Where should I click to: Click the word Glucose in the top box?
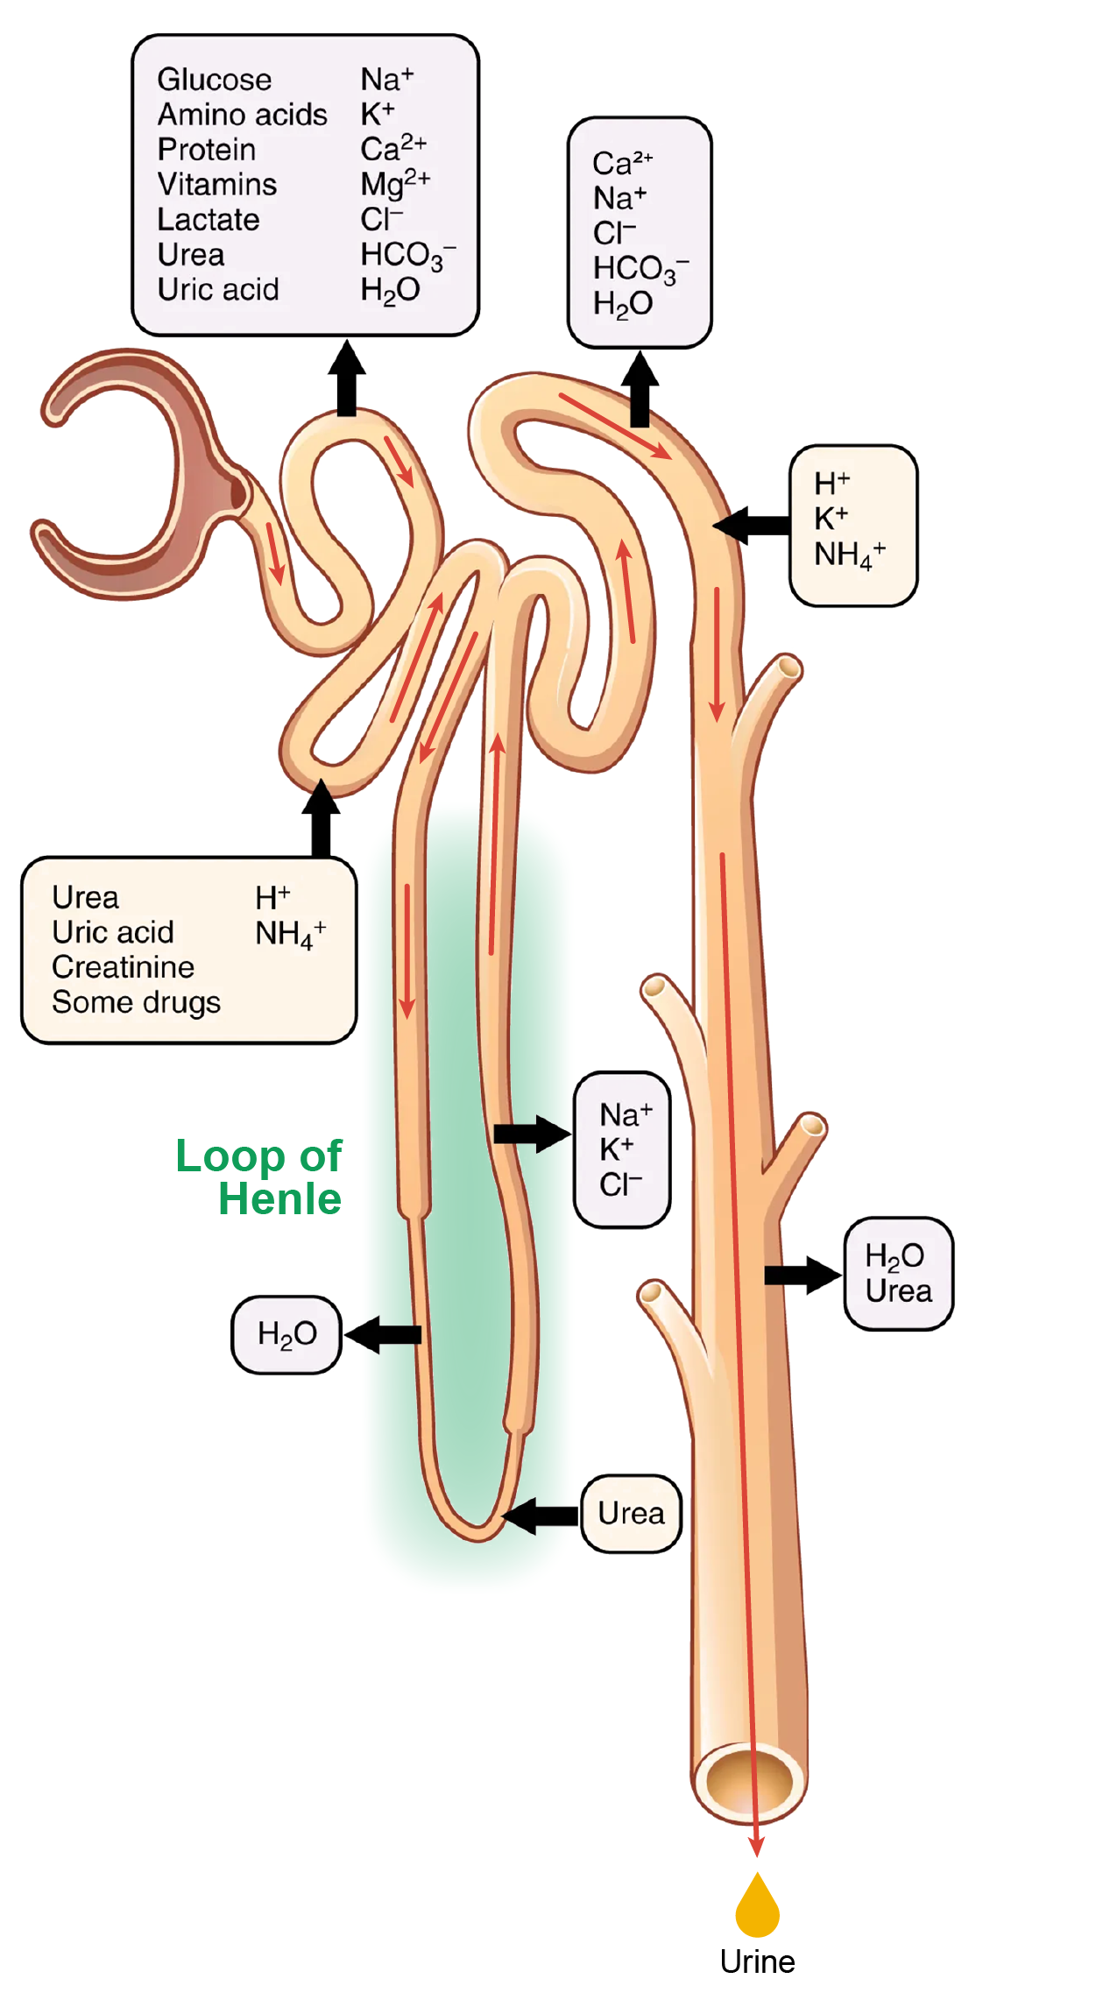tap(215, 80)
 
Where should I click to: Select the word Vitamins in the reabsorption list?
tap(217, 185)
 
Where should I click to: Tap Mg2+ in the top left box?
tap(394, 184)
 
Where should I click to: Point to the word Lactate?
tap(209, 220)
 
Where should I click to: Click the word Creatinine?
tap(123, 967)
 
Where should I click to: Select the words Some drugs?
tap(136, 1002)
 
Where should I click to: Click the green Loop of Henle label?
tap(259, 1177)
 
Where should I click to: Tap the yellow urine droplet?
tap(757, 1909)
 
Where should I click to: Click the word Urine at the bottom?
tap(757, 1961)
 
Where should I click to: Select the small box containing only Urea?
tap(631, 1513)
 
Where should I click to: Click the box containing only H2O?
tap(286, 1334)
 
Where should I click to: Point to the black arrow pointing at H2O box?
tap(384, 1334)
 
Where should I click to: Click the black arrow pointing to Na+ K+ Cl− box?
tap(531, 1134)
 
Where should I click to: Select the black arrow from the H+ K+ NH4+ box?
tap(752, 526)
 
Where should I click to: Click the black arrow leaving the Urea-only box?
tap(541, 1516)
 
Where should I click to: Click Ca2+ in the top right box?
tap(622, 163)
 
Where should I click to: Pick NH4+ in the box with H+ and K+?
tap(849, 555)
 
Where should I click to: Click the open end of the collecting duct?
tap(750, 1780)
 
